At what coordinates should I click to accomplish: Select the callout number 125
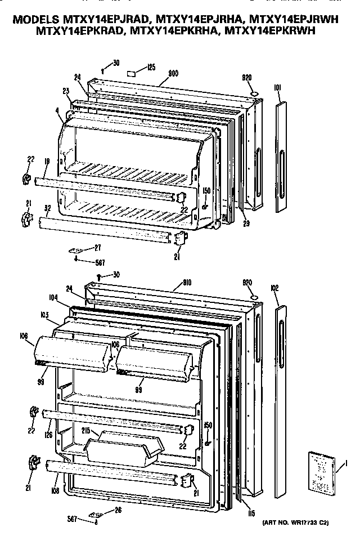point(150,68)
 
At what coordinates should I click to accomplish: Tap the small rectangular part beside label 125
point(131,73)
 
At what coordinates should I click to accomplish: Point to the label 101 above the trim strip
point(277,87)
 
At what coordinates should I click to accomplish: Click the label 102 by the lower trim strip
point(275,288)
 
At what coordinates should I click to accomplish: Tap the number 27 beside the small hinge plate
point(97,247)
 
